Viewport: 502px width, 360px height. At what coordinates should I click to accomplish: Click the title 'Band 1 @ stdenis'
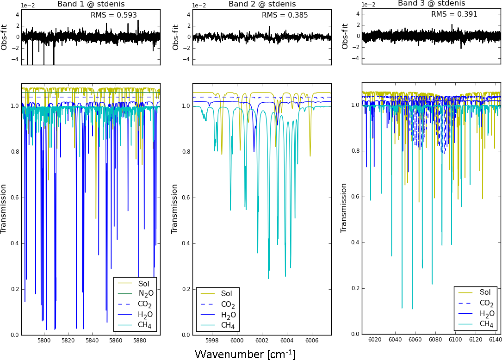point(91,4)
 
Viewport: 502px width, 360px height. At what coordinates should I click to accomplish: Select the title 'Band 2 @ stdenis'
point(262,4)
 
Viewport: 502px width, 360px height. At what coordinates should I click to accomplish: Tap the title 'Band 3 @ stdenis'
point(431,3)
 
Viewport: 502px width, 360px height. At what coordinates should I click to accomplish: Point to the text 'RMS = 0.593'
point(114,15)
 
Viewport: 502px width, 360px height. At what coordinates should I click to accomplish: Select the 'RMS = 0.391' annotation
point(454,14)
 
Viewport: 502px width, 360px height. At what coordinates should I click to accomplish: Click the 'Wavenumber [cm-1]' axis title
point(245,354)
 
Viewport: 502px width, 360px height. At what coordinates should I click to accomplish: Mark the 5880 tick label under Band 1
point(139,341)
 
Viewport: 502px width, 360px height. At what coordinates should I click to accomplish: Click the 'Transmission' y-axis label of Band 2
point(174,209)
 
